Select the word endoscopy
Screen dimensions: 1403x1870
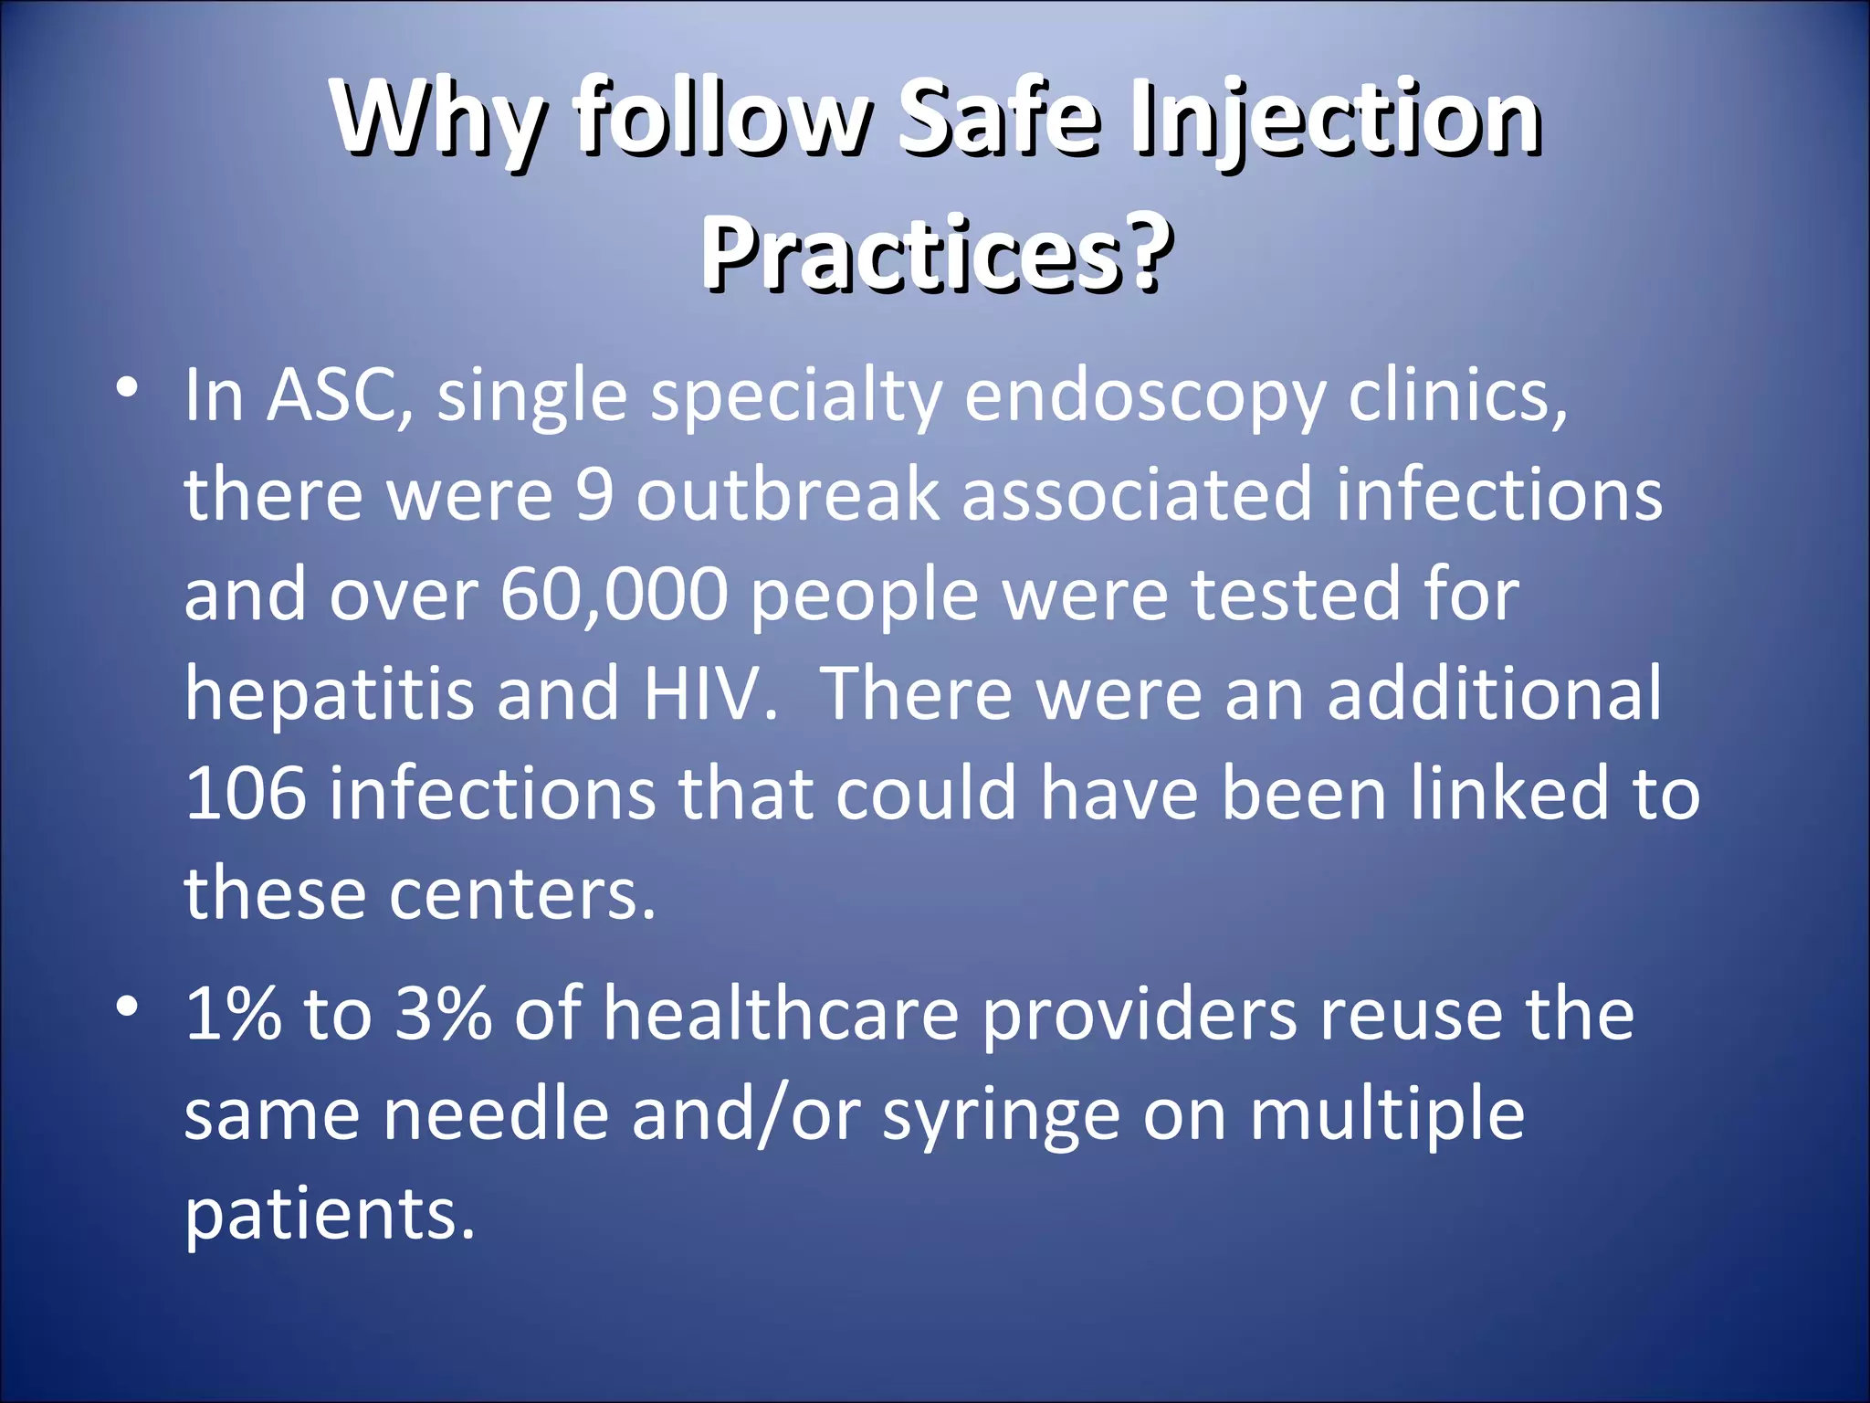[1144, 398]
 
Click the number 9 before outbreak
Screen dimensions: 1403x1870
[594, 495]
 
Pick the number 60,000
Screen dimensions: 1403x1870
[614, 596]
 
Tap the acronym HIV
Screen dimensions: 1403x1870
[709, 694]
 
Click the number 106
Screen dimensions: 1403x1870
[246, 793]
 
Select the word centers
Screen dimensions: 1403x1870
[522, 893]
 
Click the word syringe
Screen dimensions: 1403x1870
[1001, 1116]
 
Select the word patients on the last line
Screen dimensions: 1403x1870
[330, 1215]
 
